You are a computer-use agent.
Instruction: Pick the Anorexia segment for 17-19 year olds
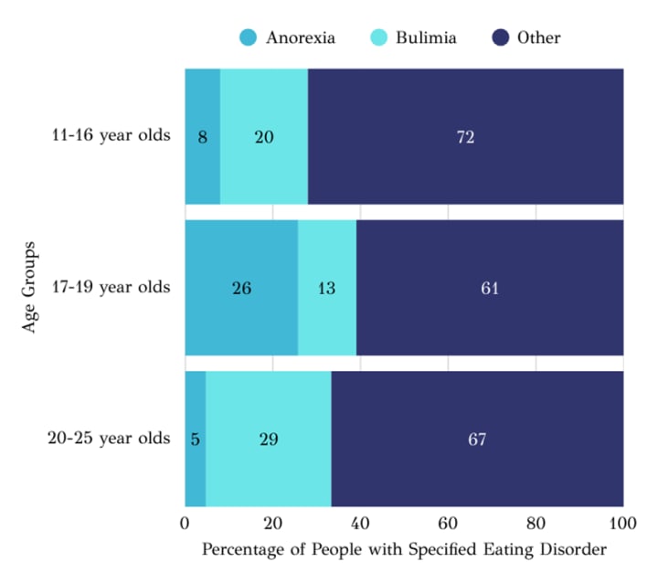241,320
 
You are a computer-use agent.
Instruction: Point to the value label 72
466,137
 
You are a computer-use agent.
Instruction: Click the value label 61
490,288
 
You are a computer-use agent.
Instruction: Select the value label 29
268,439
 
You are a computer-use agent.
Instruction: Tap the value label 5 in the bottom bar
196,439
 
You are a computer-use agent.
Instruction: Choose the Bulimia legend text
426,37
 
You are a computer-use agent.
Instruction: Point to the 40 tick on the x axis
360,524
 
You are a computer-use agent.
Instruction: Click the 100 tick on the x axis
623,524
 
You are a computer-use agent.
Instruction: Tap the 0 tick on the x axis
186,524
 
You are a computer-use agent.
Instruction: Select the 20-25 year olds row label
109,438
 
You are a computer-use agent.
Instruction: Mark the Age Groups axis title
30,287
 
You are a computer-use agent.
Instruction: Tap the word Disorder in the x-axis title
573,550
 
